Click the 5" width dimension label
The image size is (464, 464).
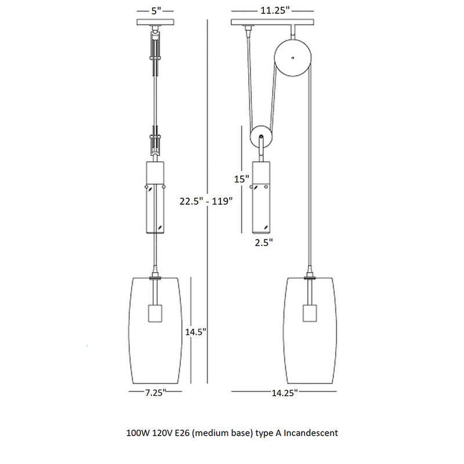[156, 11]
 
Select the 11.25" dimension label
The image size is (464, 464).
[274, 10]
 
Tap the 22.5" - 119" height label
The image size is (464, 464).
[206, 201]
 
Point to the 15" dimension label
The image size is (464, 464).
[241, 179]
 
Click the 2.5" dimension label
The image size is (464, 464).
[264, 242]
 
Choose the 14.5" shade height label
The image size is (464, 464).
[195, 332]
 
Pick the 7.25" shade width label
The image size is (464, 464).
[155, 393]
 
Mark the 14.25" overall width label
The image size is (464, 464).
[284, 393]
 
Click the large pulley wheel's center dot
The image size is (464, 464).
[293, 57]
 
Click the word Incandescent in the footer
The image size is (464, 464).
[311, 433]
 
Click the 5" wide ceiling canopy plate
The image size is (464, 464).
[155, 22]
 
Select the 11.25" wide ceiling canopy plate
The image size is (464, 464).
[272, 22]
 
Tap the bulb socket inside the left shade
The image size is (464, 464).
[155, 313]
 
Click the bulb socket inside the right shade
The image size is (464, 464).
[310, 313]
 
